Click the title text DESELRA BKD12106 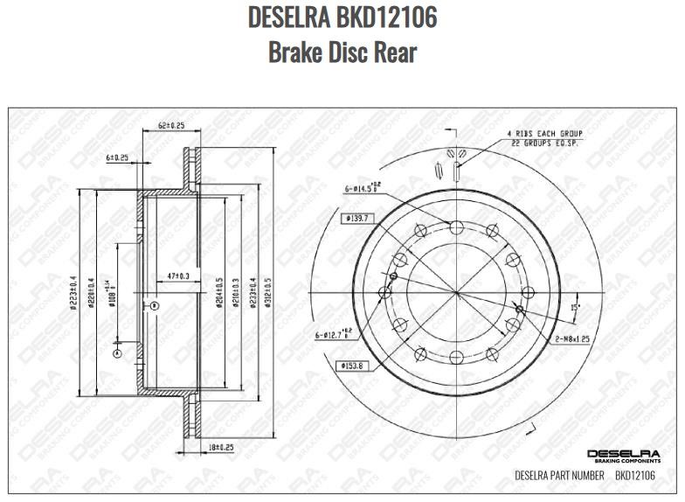pyautogui.click(x=342, y=17)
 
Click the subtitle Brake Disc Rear pyautogui.click(x=342, y=52)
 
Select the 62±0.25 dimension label pyautogui.click(x=171, y=126)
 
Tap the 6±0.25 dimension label pyautogui.click(x=117, y=157)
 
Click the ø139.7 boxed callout pyautogui.click(x=359, y=218)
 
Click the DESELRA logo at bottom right pyautogui.click(x=622, y=454)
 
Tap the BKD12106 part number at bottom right pyautogui.click(x=635, y=476)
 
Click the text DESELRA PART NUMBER pyautogui.click(x=559, y=476)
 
